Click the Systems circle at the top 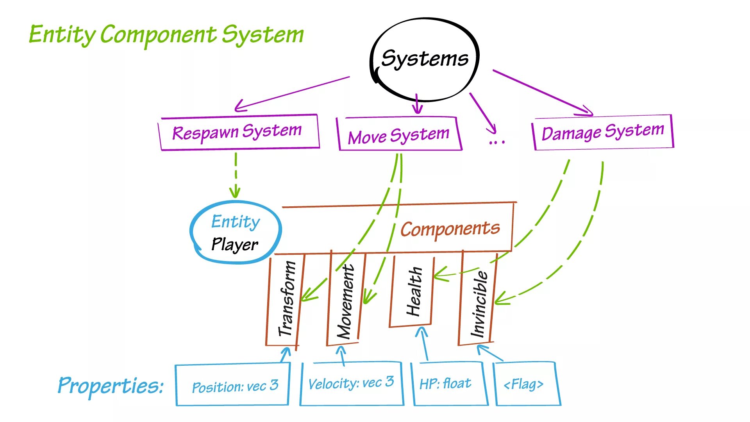[425, 59]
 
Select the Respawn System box [239, 132]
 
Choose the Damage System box [603, 132]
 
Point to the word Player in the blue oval [234, 245]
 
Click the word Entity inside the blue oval [236, 222]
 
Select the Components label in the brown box [450, 229]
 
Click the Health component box [413, 291]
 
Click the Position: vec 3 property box [233, 385]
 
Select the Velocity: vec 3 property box [351, 383]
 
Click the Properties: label [111, 385]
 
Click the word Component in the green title [158, 35]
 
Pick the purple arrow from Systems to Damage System [543, 93]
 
